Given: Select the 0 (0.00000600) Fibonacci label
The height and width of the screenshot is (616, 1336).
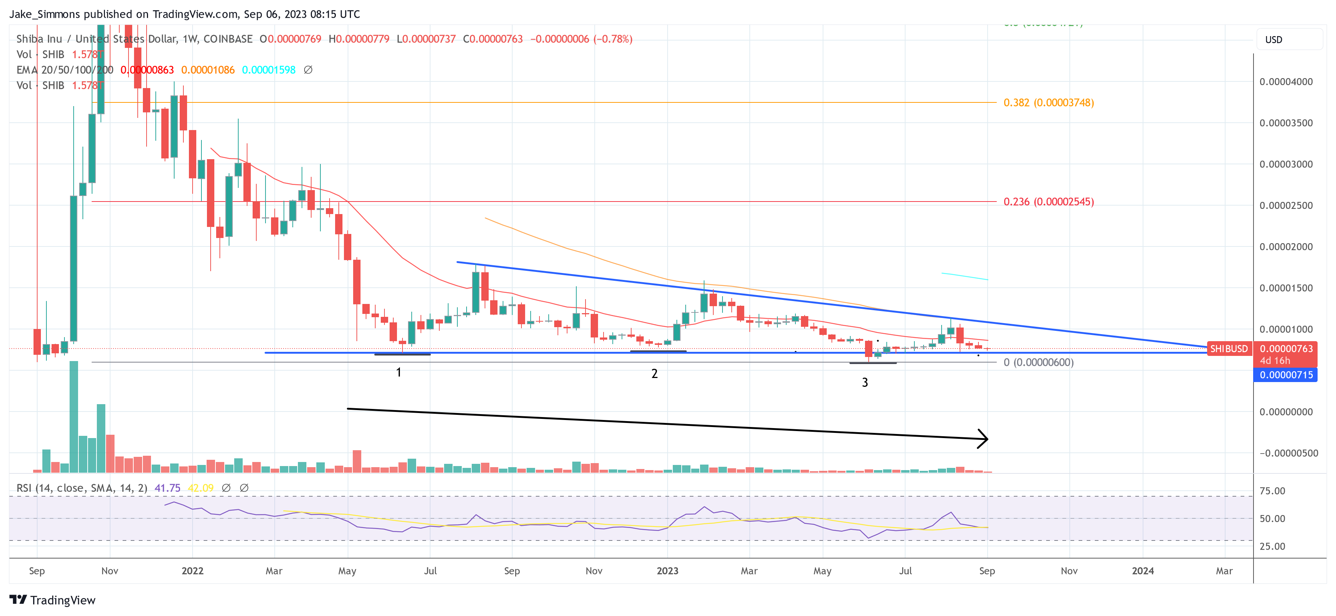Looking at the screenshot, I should tap(1038, 362).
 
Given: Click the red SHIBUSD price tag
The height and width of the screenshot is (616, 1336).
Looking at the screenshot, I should tap(1228, 349).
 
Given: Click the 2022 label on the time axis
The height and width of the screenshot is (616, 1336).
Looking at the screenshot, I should tap(193, 571).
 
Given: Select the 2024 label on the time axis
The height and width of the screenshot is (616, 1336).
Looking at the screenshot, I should tap(1143, 571).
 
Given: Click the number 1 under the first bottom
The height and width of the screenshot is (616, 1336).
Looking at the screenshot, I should tap(398, 372).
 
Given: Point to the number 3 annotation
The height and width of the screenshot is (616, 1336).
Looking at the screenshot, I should tap(865, 382).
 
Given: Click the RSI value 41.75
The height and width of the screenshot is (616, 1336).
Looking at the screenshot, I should tap(167, 488).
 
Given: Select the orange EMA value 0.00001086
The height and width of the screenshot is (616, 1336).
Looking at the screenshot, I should tap(207, 70).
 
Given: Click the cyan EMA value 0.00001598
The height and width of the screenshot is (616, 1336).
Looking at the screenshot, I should tap(269, 70).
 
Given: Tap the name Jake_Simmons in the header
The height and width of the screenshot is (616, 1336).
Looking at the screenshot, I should tap(45, 14).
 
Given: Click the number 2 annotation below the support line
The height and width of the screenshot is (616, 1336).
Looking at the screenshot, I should tap(654, 374).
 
